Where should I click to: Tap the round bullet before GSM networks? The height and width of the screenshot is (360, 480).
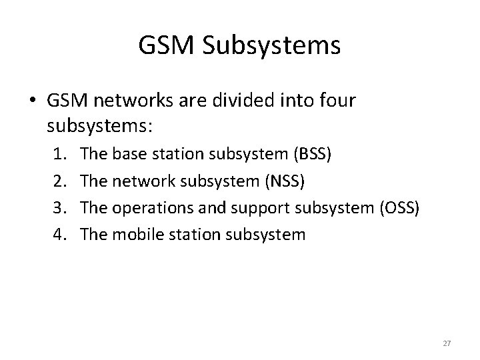(33, 101)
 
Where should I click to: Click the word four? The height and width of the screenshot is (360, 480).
(337, 101)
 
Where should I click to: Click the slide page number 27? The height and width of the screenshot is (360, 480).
(447, 343)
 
